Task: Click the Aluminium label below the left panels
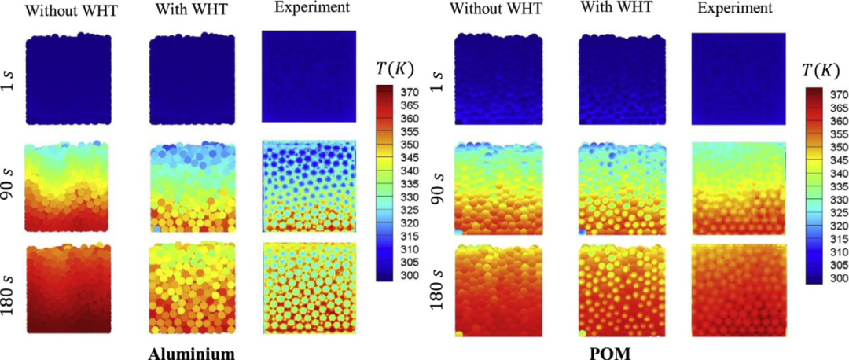pyautogui.click(x=192, y=353)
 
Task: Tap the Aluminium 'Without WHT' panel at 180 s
pyautogui.click(x=69, y=289)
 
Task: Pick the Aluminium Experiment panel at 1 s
pyautogui.click(x=309, y=76)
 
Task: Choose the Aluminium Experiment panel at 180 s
pyautogui.click(x=309, y=288)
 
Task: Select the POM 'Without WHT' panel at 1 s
pyautogui.click(x=500, y=79)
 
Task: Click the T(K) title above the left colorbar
pyautogui.click(x=393, y=68)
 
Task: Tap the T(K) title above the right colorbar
pyautogui.click(x=820, y=70)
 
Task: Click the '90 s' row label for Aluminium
pyautogui.click(x=11, y=186)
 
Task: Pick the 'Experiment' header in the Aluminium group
pyautogui.click(x=308, y=9)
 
